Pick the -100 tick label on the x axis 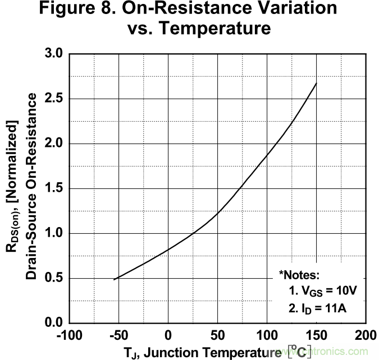[x=69, y=336]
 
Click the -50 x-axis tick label [x=118, y=336]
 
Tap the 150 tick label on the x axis [x=317, y=336]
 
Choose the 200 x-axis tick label [x=366, y=336]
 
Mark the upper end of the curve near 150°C [x=317, y=84]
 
